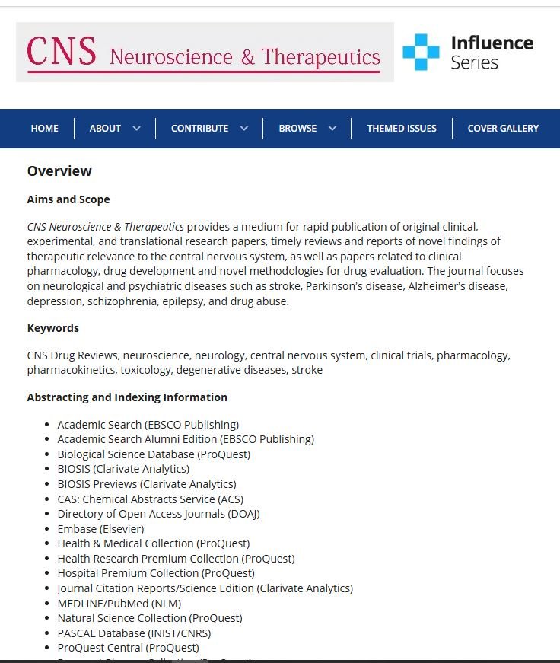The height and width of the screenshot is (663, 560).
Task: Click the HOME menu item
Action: pyautogui.click(x=44, y=129)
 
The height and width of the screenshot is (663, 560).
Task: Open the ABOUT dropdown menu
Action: pyautogui.click(x=114, y=129)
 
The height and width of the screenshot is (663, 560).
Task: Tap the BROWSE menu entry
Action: pyautogui.click(x=307, y=129)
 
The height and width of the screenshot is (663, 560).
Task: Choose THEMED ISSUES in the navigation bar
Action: pyautogui.click(x=402, y=129)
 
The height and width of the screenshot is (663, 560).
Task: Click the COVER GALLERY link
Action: pyautogui.click(x=503, y=129)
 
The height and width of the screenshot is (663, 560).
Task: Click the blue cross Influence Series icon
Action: pyautogui.click(x=421, y=52)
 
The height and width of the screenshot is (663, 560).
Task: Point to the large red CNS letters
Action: pyautogui.click(x=62, y=52)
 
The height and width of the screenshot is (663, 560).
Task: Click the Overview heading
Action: pyautogui.click(x=59, y=171)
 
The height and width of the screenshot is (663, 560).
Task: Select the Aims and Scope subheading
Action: pyautogui.click(x=68, y=199)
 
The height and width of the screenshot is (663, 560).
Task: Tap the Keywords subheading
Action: pyautogui.click(x=53, y=328)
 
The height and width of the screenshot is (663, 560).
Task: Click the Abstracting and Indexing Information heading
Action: pyautogui.click(x=127, y=397)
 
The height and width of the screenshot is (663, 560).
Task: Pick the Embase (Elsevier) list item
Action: pyautogui.click(x=100, y=529)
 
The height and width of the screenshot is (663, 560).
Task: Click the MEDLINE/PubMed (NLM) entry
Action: pyautogui.click(x=119, y=604)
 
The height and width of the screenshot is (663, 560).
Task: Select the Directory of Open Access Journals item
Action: pyautogui.click(x=158, y=514)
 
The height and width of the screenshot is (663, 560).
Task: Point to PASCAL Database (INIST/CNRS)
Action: pyautogui.click(x=134, y=633)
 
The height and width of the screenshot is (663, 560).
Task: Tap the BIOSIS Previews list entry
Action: pyautogui.click(x=147, y=484)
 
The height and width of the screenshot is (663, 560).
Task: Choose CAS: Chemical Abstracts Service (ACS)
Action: pyautogui.click(x=151, y=499)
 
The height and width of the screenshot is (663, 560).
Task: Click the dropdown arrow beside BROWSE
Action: pyautogui.click(x=332, y=129)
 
